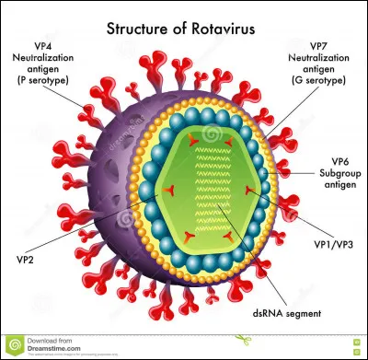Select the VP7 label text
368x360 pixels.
(x=319, y=45)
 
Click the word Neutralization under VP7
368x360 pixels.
(x=319, y=57)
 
